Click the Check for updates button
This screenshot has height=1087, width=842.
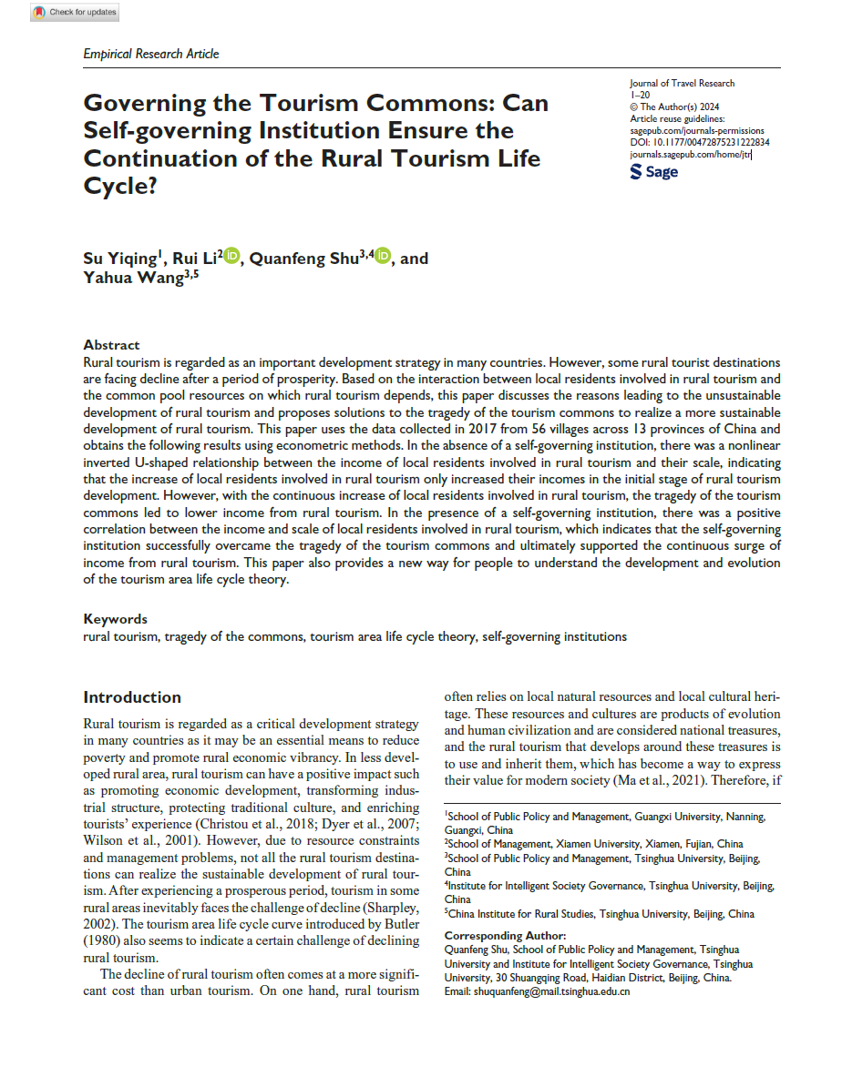click(x=75, y=12)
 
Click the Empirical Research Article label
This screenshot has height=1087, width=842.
click(x=151, y=54)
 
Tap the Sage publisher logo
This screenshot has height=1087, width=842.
click(x=654, y=171)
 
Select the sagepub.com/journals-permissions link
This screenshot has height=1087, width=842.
click(x=697, y=131)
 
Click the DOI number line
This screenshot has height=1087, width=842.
click(x=699, y=143)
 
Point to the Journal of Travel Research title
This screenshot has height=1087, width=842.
click(x=682, y=84)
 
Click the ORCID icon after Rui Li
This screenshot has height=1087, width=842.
click(x=231, y=258)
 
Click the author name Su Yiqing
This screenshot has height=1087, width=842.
click(x=118, y=259)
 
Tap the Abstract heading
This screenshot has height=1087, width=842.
click(x=111, y=345)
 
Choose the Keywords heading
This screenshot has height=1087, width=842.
click(x=115, y=619)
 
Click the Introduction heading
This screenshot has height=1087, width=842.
click(x=132, y=697)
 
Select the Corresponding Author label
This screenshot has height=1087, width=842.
click(x=505, y=936)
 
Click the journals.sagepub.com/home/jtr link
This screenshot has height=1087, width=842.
click(x=690, y=155)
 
